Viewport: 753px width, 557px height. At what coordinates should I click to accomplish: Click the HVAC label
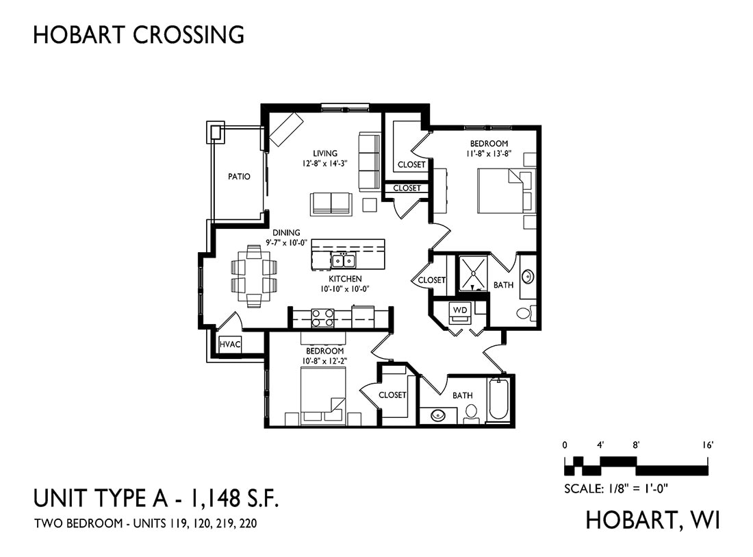point(229,344)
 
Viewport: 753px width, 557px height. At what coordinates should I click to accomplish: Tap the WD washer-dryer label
point(460,310)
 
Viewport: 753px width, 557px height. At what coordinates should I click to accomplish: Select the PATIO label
point(239,177)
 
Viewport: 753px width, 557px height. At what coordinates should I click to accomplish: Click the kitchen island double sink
point(344,260)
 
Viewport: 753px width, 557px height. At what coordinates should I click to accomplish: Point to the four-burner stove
point(322,318)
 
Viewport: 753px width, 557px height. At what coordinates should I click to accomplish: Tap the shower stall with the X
point(474,273)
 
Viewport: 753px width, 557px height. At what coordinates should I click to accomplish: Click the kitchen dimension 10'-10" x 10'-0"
point(345,289)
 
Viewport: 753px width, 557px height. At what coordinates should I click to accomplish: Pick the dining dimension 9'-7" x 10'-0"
point(286,243)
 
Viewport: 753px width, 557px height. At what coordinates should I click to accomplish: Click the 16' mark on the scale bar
point(708,445)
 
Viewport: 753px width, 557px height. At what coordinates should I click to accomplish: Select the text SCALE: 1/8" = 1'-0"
point(616,488)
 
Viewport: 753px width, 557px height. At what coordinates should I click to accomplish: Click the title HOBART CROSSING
point(139,35)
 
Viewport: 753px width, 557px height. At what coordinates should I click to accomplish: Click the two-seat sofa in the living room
point(331,203)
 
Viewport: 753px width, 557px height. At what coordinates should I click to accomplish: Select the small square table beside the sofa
point(370,205)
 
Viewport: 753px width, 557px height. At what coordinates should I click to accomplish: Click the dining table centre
point(254,276)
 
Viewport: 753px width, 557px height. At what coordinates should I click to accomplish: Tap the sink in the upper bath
point(527,276)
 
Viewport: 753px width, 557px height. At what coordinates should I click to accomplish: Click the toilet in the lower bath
point(471,414)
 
